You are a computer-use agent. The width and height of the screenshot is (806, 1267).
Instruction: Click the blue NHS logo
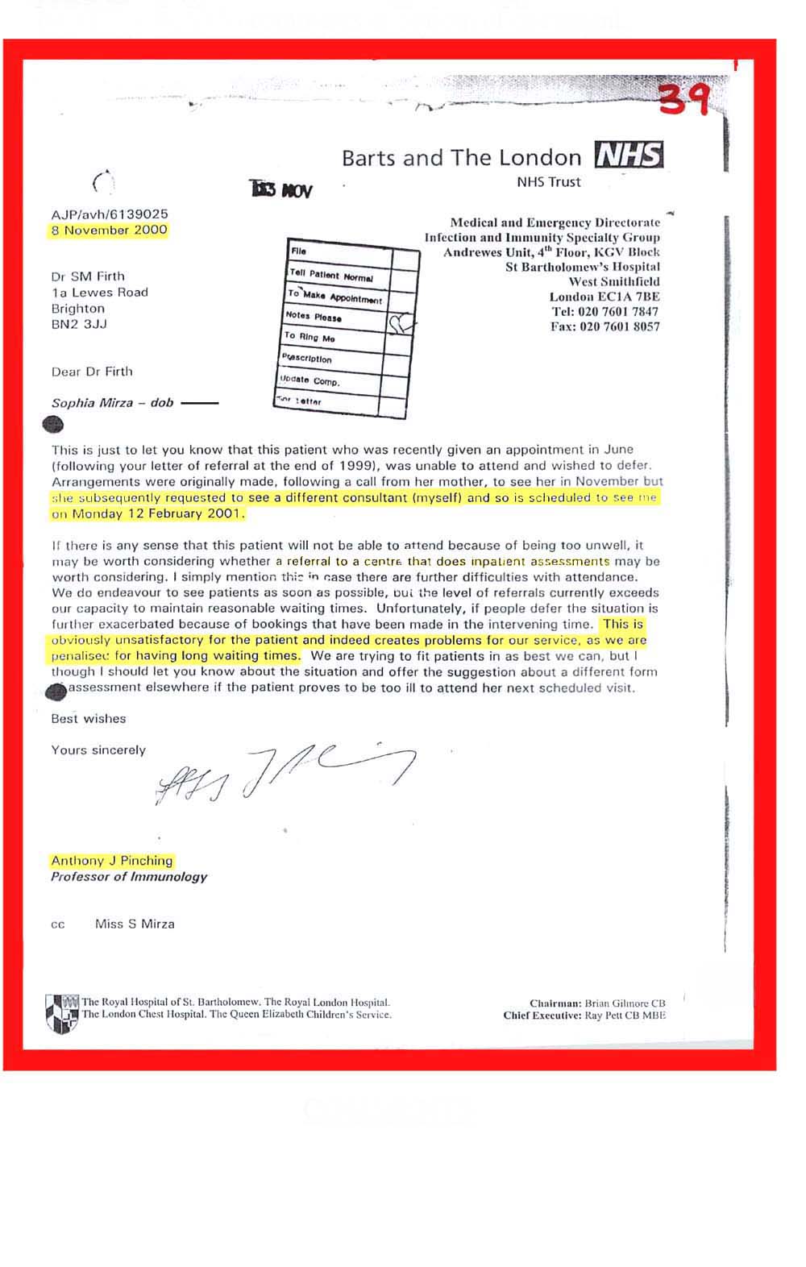[629, 154]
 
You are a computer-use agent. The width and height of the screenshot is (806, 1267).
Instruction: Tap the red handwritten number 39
[684, 101]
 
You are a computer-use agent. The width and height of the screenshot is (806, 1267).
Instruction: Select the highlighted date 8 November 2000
[110, 231]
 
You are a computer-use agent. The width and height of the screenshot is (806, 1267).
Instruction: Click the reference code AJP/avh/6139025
[110, 214]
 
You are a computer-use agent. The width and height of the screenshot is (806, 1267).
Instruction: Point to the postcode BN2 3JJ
[79, 324]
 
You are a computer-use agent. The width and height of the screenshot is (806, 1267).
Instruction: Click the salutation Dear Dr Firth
[92, 372]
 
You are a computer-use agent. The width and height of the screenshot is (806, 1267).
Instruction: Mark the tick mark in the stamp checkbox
[401, 324]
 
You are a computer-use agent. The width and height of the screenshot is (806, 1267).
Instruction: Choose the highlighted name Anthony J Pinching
[112, 861]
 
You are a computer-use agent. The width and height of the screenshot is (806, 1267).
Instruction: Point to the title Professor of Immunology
[129, 877]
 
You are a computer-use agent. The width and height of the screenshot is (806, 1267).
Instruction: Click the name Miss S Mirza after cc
[135, 924]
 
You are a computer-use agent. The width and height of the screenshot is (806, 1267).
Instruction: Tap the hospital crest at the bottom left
[61, 1012]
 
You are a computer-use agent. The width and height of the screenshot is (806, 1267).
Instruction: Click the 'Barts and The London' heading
[461, 158]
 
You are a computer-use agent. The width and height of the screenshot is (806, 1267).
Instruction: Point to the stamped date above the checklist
[282, 190]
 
